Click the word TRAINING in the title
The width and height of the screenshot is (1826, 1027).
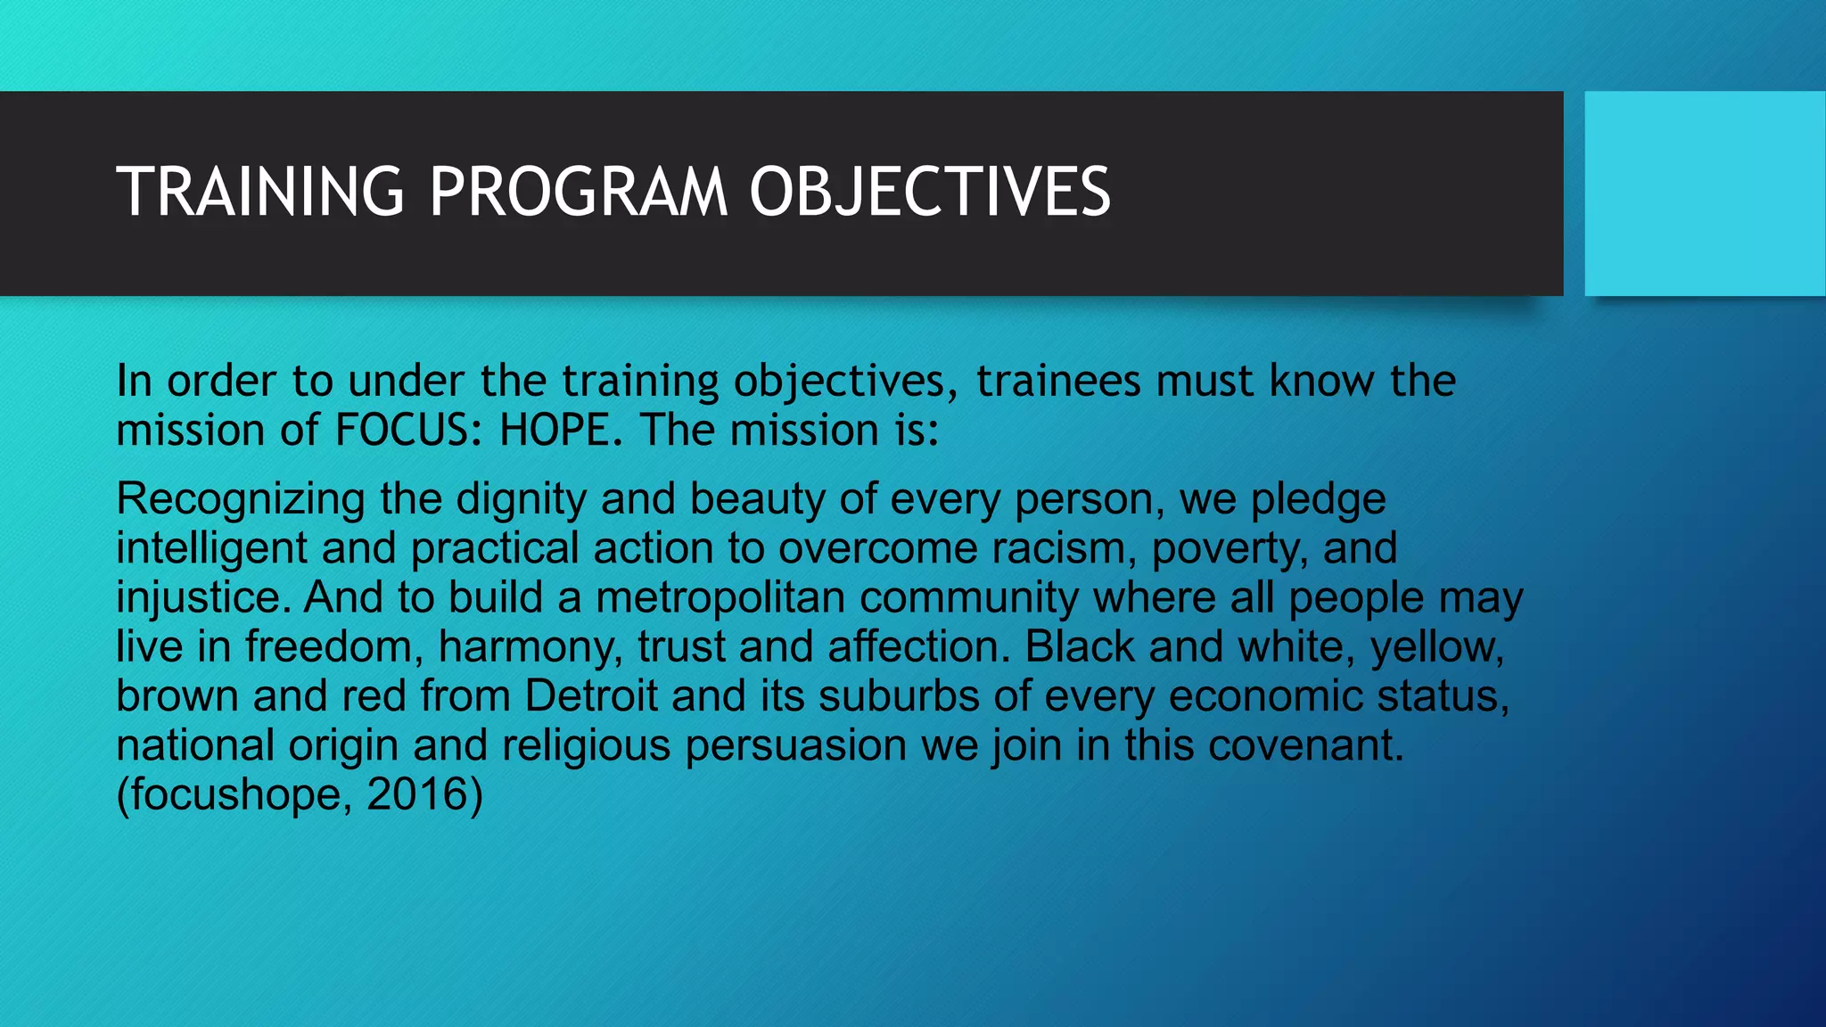(x=260, y=192)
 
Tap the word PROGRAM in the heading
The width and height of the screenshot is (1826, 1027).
(x=579, y=192)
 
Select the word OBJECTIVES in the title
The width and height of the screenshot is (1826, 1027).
(x=930, y=192)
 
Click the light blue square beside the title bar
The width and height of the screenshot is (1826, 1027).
(x=1705, y=193)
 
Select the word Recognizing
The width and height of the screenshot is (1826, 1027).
(x=241, y=499)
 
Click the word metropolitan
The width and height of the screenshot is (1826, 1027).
(x=720, y=597)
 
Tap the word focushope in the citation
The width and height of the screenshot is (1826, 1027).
(x=235, y=794)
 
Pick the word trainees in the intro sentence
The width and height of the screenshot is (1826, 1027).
(x=1058, y=382)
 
